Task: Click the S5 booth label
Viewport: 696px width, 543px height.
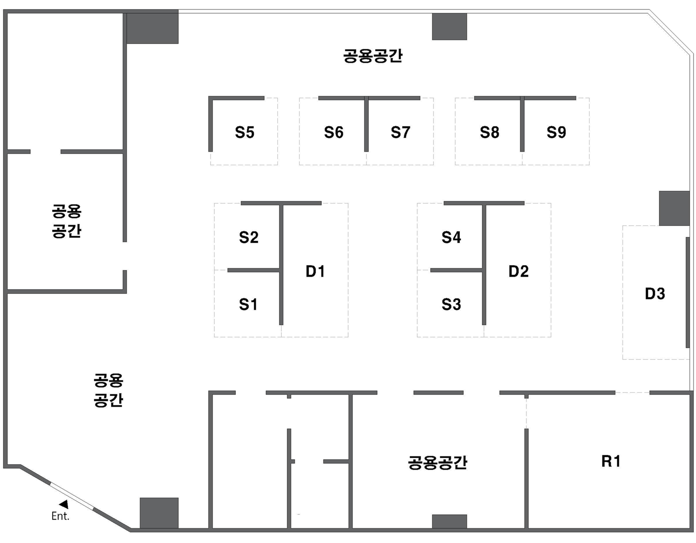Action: [x=245, y=133]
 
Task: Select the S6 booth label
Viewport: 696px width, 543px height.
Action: [x=333, y=133]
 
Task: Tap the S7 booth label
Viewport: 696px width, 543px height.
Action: [x=400, y=133]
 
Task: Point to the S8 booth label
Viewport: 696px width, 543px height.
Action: [x=489, y=133]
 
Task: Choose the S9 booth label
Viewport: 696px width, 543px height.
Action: [x=556, y=133]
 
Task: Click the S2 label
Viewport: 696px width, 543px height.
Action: [x=249, y=237]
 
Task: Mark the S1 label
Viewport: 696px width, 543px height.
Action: [x=248, y=304]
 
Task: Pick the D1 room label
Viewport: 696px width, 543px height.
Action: [x=315, y=271]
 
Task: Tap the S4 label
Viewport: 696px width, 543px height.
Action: [x=451, y=237]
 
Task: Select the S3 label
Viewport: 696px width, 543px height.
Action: [x=451, y=304]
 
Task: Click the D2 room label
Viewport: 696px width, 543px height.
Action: [x=518, y=271]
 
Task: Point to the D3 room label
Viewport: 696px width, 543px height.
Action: [x=655, y=294]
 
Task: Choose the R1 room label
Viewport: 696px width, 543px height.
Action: [x=611, y=461]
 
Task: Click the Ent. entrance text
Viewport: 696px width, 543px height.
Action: [x=60, y=516]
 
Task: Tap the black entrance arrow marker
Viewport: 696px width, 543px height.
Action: [x=64, y=504]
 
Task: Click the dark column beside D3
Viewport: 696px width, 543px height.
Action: [x=674, y=208]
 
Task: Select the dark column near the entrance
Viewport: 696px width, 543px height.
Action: [x=159, y=513]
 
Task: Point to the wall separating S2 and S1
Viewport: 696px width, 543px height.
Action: [x=253, y=270]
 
